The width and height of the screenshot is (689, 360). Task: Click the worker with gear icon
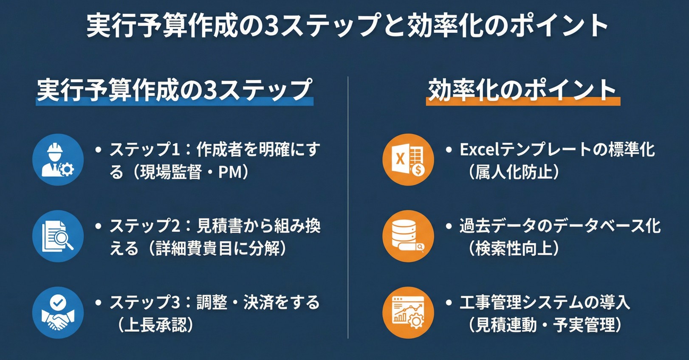point(58,160)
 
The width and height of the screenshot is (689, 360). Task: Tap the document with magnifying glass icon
point(58,236)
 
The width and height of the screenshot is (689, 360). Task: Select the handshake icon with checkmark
point(58,312)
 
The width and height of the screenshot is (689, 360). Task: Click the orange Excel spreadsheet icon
point(408,160)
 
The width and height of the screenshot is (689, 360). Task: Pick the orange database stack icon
point(408,236)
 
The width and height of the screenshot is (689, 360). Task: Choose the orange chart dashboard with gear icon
point(408,312)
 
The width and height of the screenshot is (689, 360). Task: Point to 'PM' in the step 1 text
point(229,172)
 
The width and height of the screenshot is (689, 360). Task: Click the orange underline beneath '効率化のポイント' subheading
point(523,102)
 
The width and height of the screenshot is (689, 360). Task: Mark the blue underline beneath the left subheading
point(174,102)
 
